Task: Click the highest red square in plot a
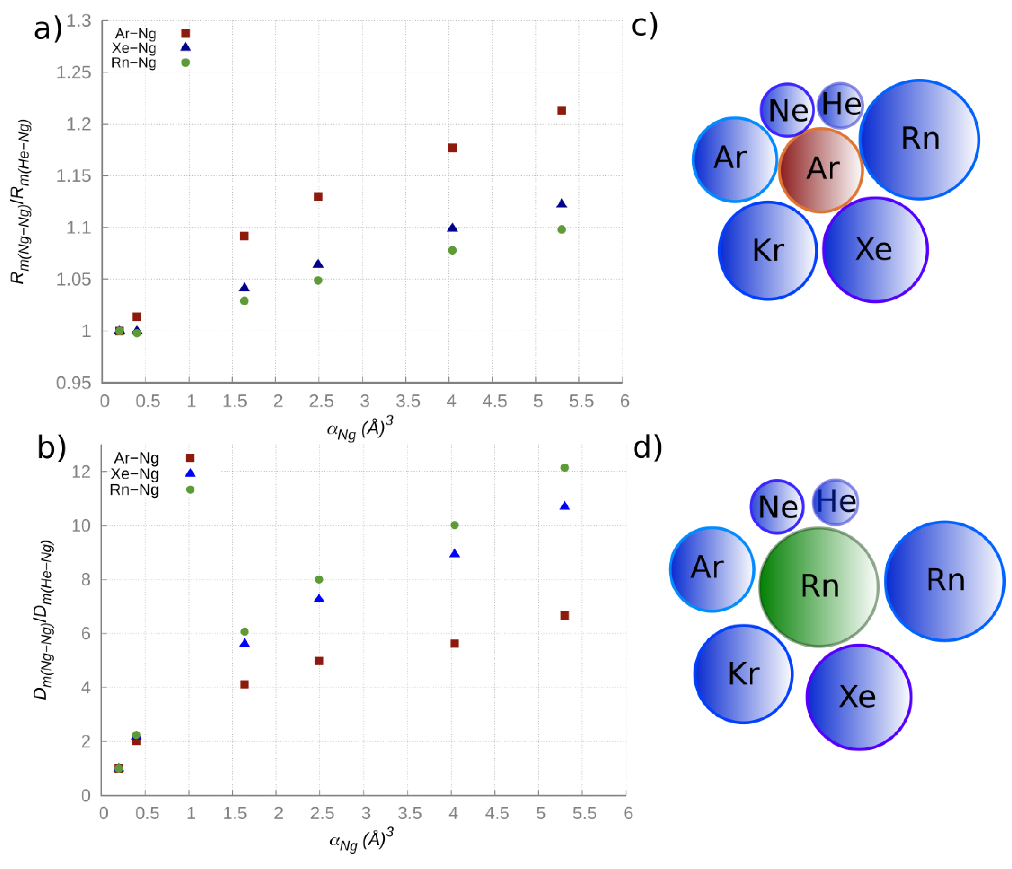562,111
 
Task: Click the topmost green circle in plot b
565,468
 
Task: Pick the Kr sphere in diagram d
743,674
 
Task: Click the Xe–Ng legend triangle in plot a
186,47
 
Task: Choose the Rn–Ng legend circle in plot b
191,490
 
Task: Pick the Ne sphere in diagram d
777,507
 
